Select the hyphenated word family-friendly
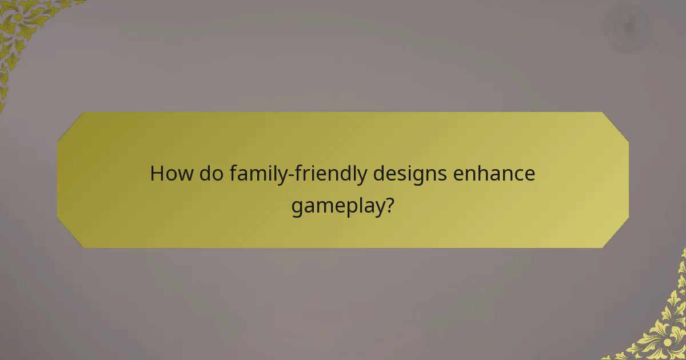298,174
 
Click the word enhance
494,173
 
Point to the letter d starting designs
380,173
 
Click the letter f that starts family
234,173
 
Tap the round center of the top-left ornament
18,17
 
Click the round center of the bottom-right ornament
667,342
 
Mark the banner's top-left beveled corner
70,125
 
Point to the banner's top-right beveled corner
616,125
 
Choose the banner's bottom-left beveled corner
70,235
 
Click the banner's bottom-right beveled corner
616,235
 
